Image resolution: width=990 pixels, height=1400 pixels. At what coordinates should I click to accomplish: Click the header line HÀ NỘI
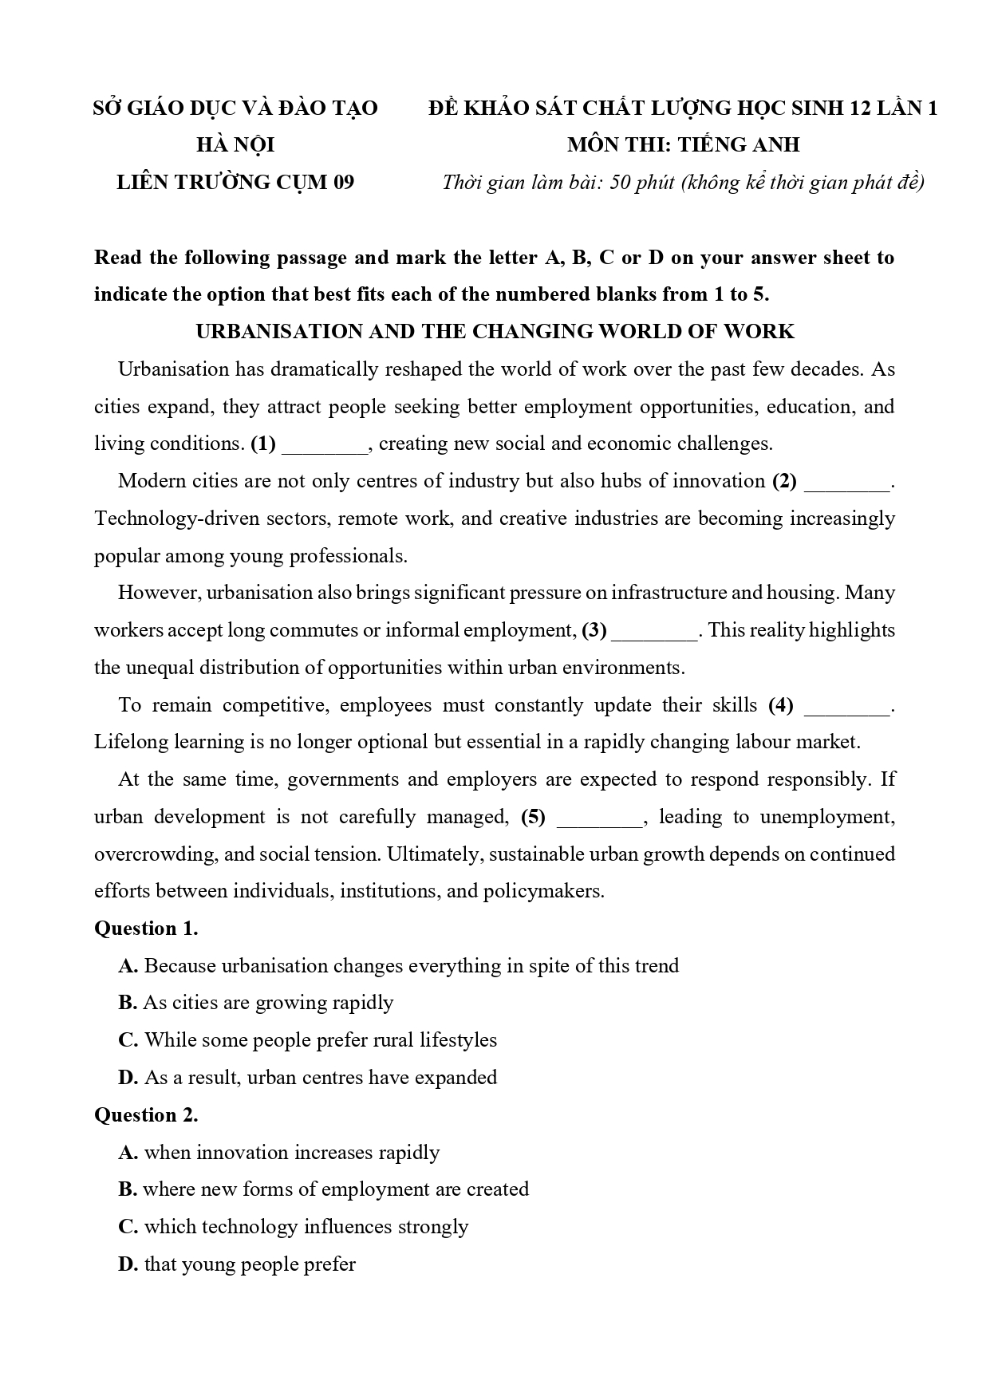tap(235, 145)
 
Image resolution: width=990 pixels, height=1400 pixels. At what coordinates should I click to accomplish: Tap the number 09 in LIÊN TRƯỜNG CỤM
tap(343, 183)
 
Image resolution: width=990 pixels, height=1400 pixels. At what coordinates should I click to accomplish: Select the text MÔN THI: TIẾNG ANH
tap(683, 145)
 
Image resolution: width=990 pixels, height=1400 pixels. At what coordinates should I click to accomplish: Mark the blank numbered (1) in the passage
tap(325, 445)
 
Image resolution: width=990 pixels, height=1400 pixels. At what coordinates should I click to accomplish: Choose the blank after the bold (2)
tap(846, 483)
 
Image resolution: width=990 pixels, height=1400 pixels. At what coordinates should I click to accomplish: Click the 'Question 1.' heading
tap(146, 929)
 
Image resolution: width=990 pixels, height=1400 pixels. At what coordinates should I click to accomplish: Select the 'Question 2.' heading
tap(146, 1115)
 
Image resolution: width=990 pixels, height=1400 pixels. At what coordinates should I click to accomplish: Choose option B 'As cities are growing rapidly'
tap(256, 1003)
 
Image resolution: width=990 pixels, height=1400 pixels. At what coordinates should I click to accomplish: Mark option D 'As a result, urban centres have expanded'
tap(308, 1078)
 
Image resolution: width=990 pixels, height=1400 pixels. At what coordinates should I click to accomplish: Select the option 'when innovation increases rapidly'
tap(279, 1153)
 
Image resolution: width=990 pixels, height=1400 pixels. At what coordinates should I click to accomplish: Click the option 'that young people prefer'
tap(237, 1264)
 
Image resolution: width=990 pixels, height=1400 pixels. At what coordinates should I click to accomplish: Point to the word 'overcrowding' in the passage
tap(155, 854)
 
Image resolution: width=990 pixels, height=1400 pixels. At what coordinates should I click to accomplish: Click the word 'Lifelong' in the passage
tap(131, 743)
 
